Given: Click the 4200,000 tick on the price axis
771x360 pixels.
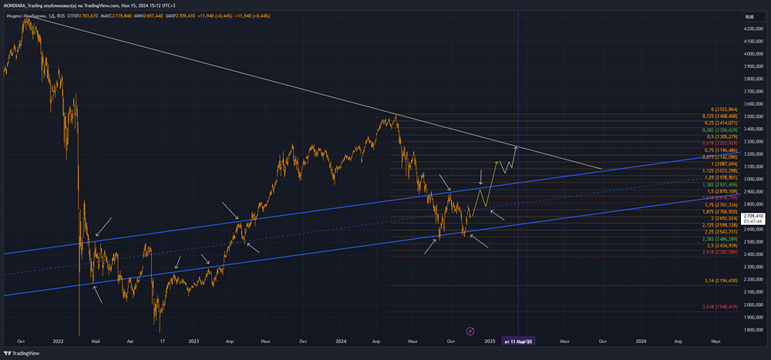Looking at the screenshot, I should (x=753, y=29).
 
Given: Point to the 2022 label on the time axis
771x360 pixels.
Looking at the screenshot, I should (x=58, y=340).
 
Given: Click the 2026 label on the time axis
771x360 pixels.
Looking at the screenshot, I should (x=641, y=340).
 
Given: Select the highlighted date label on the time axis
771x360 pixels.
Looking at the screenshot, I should (x=517, y=340).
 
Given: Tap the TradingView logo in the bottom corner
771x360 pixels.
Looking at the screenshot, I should (x=21, y=353).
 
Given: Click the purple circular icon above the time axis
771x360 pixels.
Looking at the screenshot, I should (x=470, y=330).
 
